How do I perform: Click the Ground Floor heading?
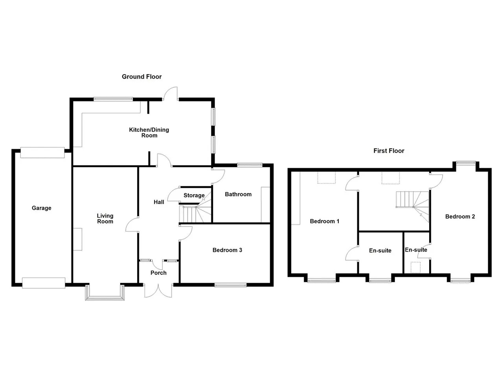(x=141, y=77)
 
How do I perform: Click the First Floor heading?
(x=389, y=151)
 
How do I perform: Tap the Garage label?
(x=42, y=208)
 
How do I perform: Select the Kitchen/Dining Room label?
(x=149, y=132)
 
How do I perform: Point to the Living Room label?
(x=105, y=219)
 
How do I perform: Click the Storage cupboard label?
(x=194, y=195)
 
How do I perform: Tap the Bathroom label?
(x=238, y=194)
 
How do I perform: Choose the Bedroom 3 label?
(x=227, y=250)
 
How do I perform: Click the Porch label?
(x=158, y=273)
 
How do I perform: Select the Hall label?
(x=159, y=202)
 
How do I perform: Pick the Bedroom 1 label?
(x=325, y=221)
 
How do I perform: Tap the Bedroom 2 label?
(x=460, y=217)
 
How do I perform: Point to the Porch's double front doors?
(x=158, y=291)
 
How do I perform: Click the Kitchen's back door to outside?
(x=171, y=94)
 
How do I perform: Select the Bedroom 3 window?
(x=230, y=285)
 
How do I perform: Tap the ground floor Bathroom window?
(x=250, y=165)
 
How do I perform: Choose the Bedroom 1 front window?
(x=322, y=280)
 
